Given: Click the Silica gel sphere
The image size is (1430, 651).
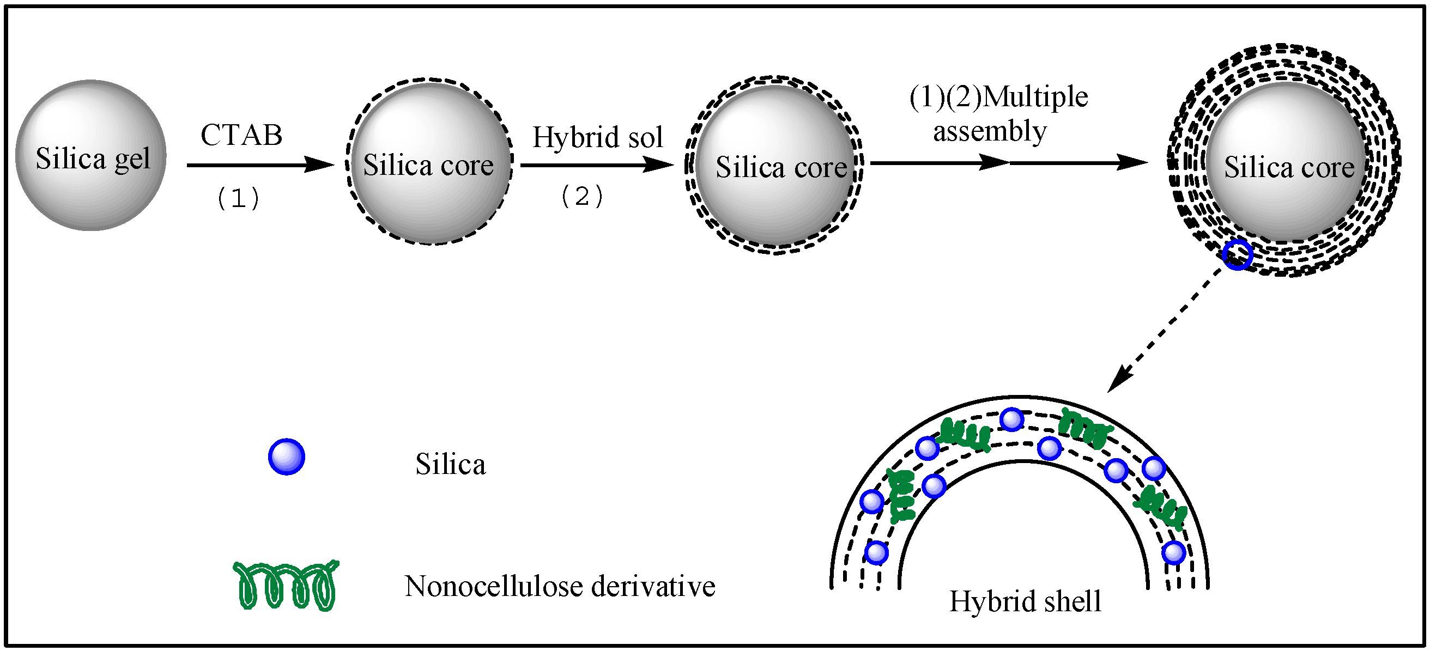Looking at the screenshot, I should point(91,156).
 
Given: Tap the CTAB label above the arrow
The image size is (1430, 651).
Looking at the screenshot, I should point(241,135).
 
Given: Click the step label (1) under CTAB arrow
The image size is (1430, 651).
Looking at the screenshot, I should point(238,198).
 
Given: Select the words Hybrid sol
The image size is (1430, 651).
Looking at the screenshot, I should point(598,137).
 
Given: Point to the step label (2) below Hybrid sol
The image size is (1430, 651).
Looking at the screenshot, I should point(582,197).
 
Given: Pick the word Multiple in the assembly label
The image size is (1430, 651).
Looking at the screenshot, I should point(1036,97).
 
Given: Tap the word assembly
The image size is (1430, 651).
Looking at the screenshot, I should point(990,131).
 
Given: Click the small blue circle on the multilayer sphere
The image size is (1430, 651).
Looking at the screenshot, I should point(1238,255).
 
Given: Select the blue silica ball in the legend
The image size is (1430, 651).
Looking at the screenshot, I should point(287,457).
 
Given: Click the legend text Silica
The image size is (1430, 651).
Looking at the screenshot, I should point(450,465).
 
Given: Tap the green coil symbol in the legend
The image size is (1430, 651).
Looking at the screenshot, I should point(287,586).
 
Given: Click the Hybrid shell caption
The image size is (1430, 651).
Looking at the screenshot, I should point(1025,601).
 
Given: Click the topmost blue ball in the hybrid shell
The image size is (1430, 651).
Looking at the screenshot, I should point(1011,419).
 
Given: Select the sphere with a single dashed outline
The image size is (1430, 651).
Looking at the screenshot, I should point(429,162).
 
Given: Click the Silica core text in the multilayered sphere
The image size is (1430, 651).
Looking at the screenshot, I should point(1289,167).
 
